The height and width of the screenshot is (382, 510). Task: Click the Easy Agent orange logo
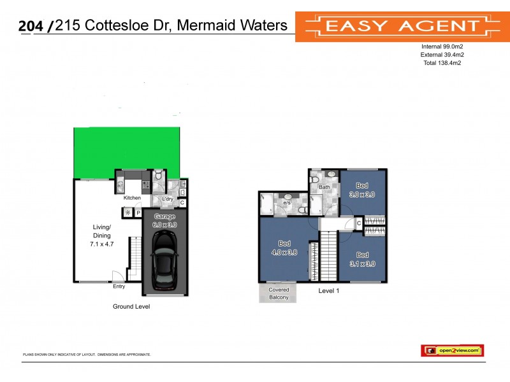(x=402, y=26)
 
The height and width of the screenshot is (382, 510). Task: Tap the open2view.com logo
(x=452, y=350)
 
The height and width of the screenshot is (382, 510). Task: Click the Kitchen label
(x=132, y=198)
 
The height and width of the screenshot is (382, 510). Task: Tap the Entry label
(x=119, y=286)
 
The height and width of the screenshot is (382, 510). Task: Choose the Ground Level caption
(x=131, y=306)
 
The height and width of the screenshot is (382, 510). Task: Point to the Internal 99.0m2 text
(x=442, y=46)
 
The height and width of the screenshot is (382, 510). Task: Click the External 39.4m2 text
(x=442, y=55)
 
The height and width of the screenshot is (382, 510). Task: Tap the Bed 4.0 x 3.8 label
(x=285, y=248)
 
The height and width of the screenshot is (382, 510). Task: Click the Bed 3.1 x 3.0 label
(x=361, y=259)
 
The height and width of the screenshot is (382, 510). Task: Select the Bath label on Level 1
(x=324, y=187)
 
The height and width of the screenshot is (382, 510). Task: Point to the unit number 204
(x=33, y=26)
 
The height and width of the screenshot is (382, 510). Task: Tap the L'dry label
(x=167, y=199)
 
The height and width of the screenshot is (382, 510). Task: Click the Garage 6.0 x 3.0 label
(x=164, y=220)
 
